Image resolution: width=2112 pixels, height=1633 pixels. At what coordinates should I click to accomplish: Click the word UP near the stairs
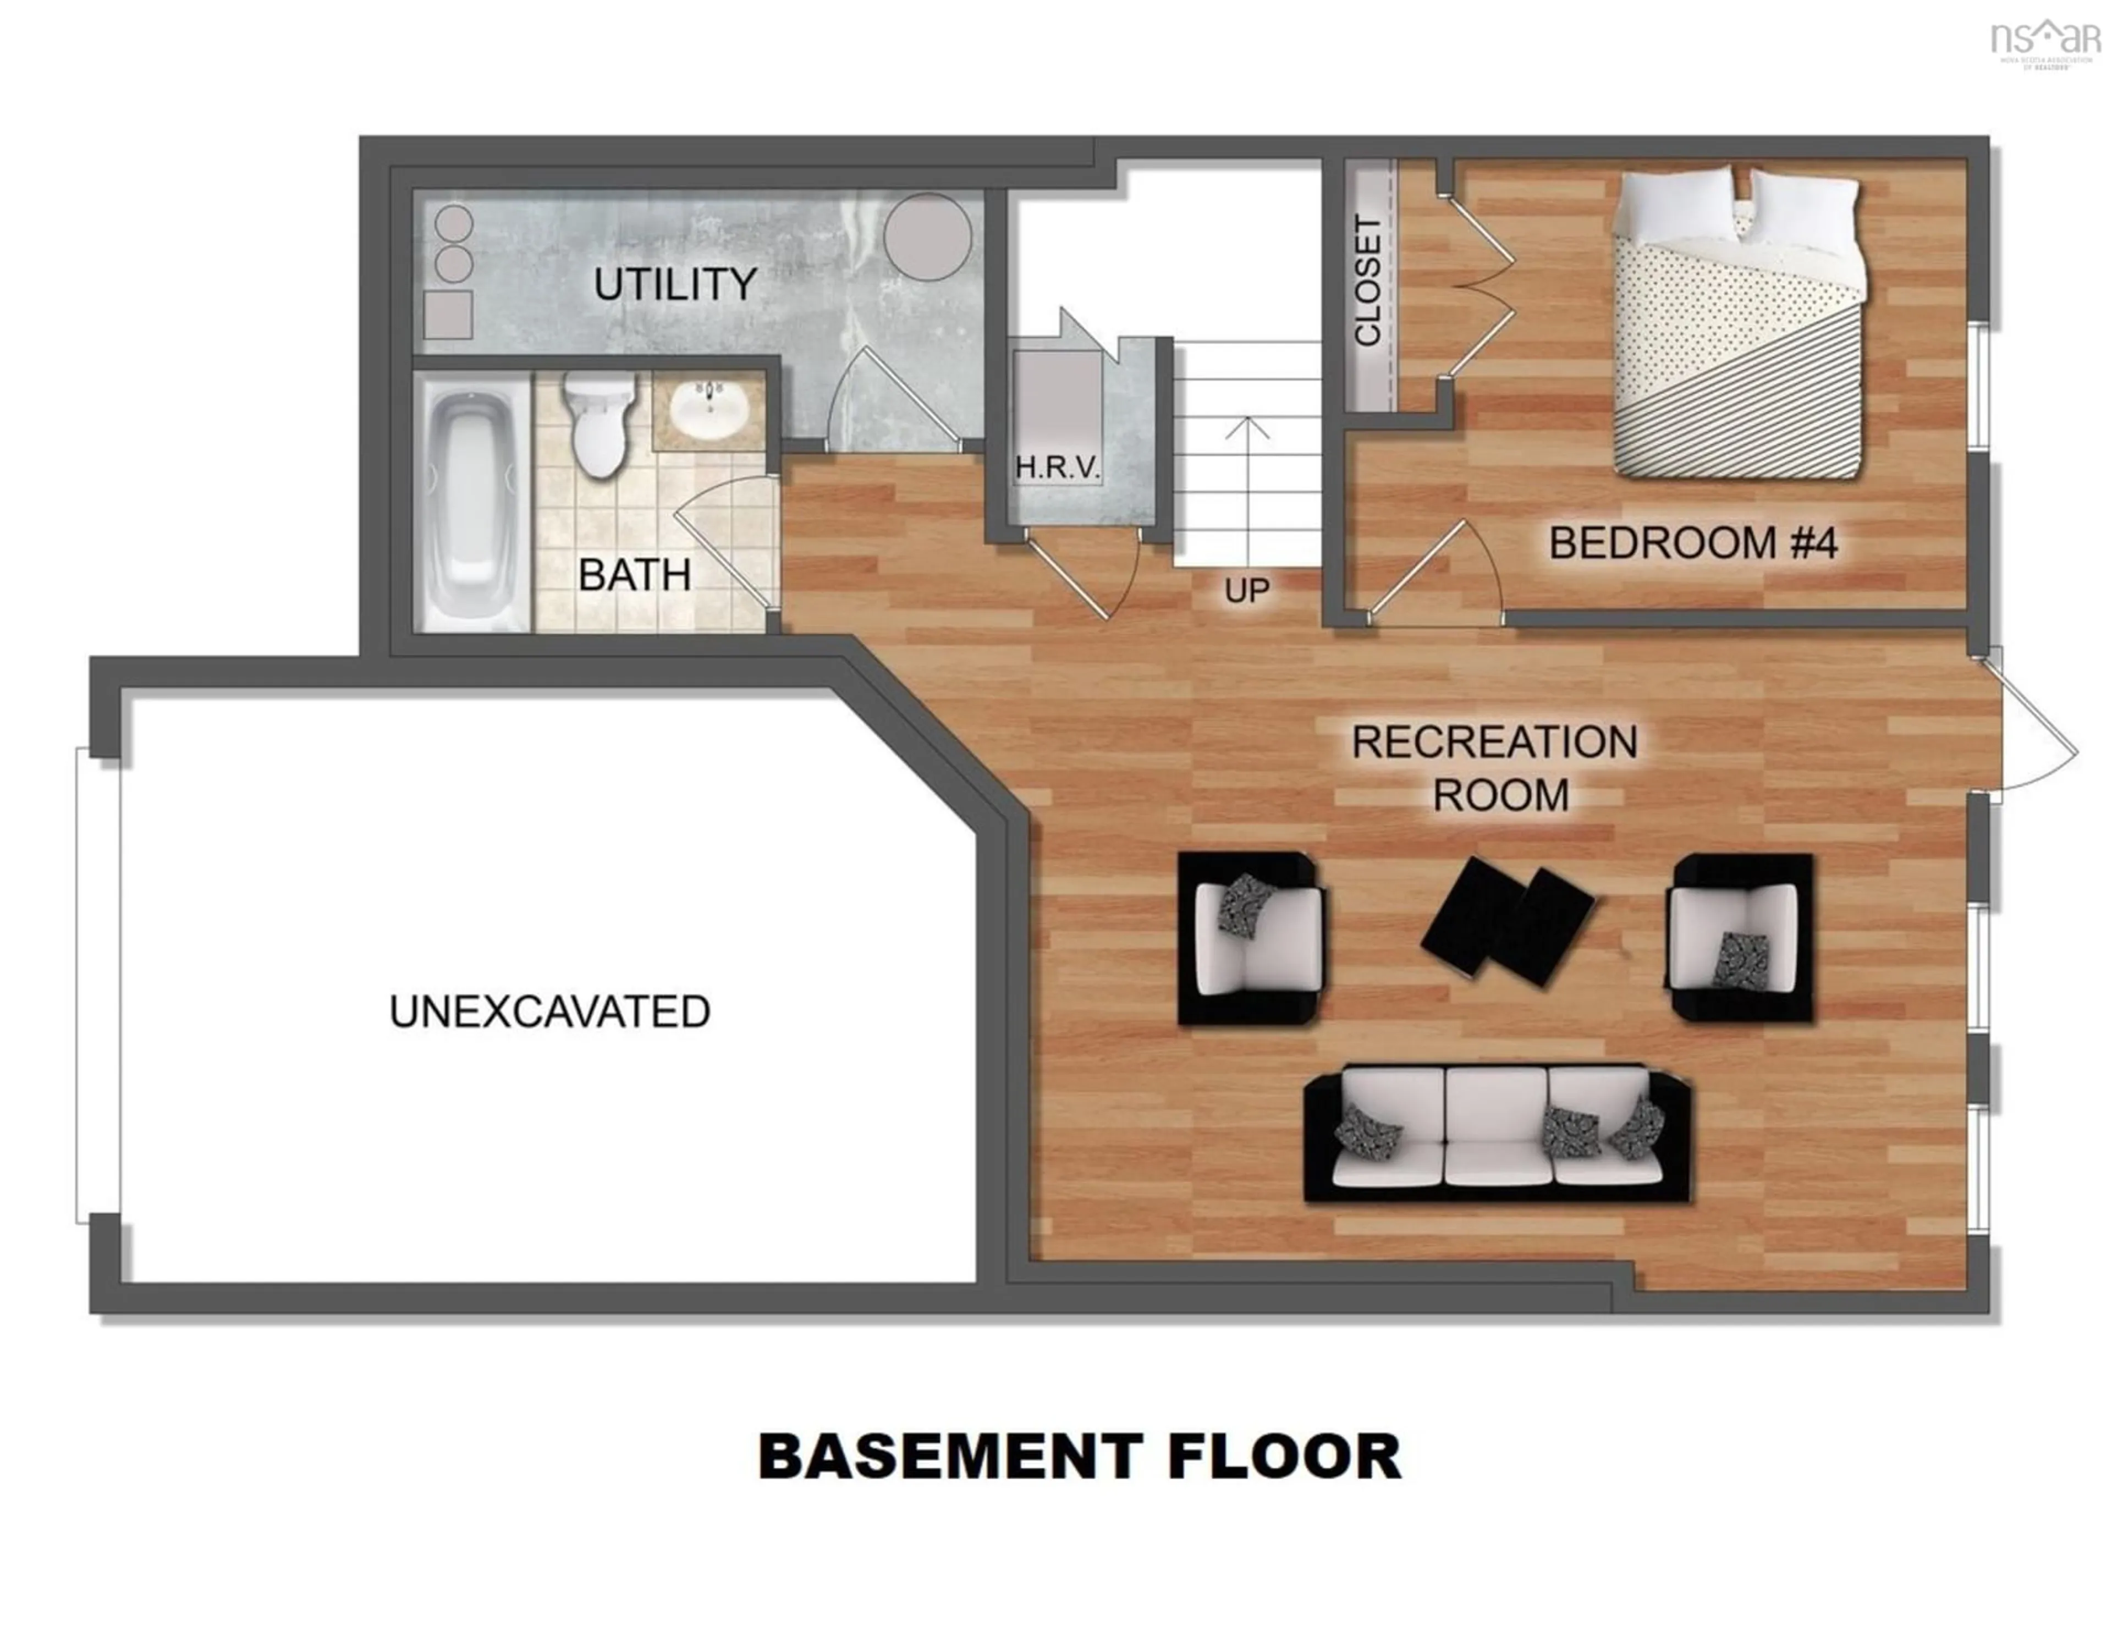[x=1246, y=590]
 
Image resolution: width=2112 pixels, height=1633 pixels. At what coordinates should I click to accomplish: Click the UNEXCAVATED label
[x=549, y=1011]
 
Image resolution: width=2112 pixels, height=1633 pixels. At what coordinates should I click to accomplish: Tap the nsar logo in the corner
[x=2044, y=41]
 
